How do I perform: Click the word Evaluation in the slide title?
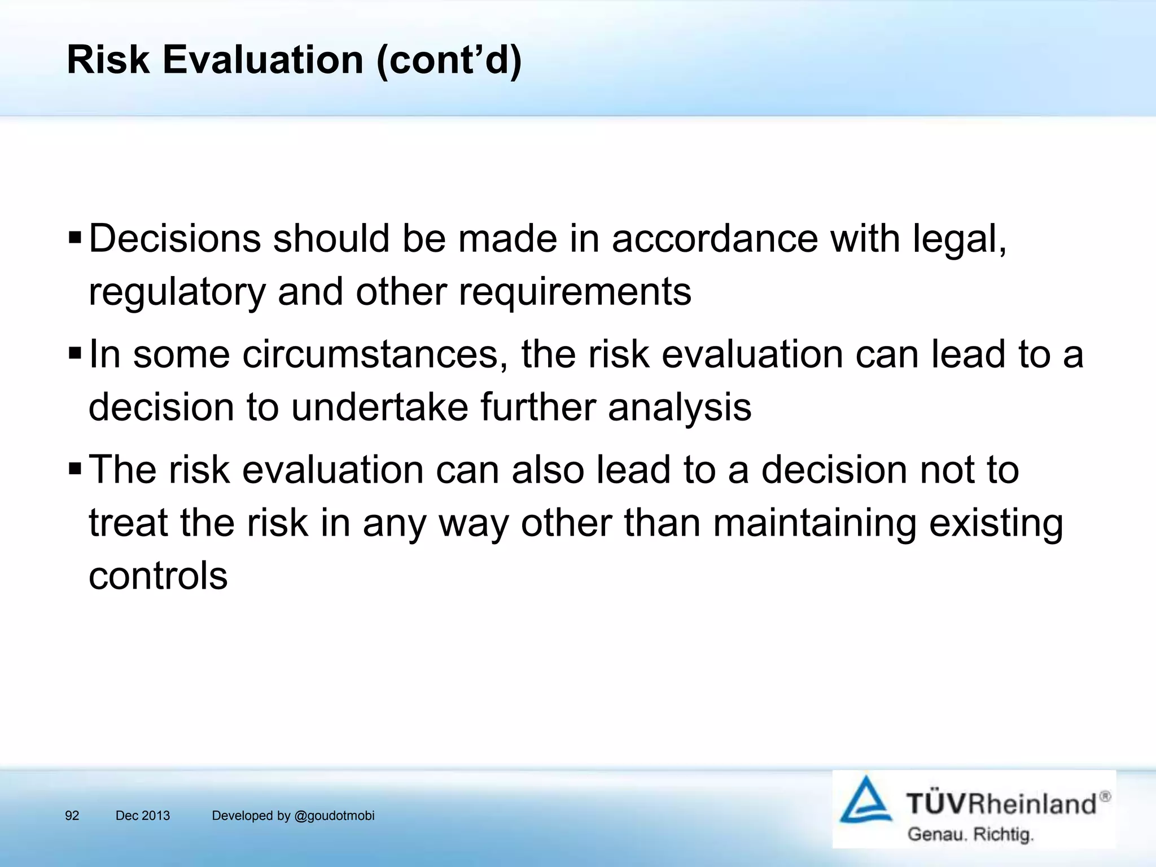(x=262, y=60)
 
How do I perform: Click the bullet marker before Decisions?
(x=75, y=237)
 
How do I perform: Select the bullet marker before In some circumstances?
(x=75, y=354)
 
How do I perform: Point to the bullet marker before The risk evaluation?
(x=75, y=468)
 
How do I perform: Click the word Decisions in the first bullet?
(x=175, y=238)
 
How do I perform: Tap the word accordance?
(x=715, y=238)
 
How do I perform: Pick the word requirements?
(x=575, y=292)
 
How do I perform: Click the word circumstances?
(x=371, y=354)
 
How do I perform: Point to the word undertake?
(x=379, y=407)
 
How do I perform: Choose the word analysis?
(x=680, y=408)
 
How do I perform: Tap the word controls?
(x=158, y=576)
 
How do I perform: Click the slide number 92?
(x=72, y=816)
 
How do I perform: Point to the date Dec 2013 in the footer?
(x=142, y=816)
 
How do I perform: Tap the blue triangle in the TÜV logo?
(x=865, y=800)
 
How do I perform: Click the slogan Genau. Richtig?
(x=970, y=834)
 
